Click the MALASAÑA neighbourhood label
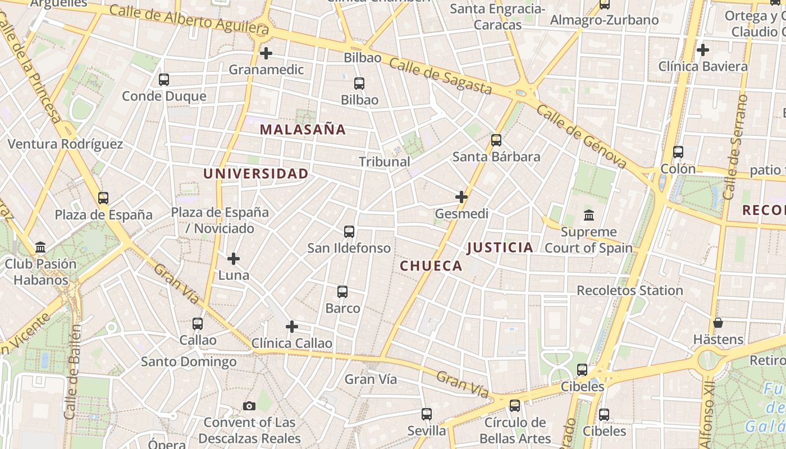click(303, 130)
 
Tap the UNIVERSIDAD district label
click(256, 174)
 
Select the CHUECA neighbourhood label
click(431, 266)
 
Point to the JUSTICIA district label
click(500, 248)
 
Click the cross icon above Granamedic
click(266, 53)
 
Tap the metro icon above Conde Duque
click(164, 80)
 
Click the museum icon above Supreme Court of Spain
click(589, 215)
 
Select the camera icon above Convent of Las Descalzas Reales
click(249, 406)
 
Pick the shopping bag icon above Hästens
click(718, 323)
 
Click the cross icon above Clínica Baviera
click(703, 50)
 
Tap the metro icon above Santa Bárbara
click(496, 140)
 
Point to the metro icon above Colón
click(678, 152)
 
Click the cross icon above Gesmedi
click(461, 197)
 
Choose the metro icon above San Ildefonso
click(349, 231)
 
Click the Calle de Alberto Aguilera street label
click(189, 18)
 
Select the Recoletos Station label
click(630, 291)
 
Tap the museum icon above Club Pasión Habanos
click(40, 247)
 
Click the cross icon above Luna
click(234, 259)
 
